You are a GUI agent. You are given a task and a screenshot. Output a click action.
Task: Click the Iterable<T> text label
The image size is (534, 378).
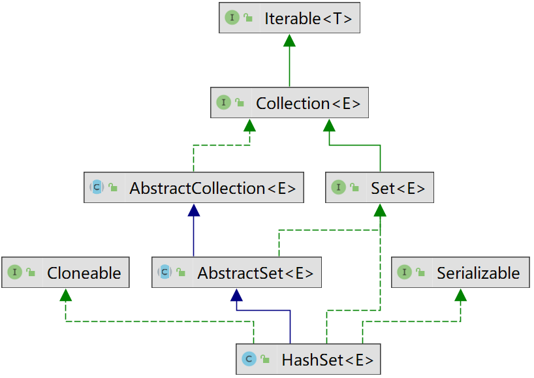pos(308,18)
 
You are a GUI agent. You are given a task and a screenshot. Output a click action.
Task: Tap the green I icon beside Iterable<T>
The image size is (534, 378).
pos(232,18)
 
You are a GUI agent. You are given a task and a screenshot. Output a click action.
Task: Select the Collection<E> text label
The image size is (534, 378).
pos(308,103)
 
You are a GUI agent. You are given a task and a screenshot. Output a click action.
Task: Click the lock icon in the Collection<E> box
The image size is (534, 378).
pos(240,102)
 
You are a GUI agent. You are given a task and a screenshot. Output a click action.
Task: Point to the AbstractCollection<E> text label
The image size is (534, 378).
pos(213,188)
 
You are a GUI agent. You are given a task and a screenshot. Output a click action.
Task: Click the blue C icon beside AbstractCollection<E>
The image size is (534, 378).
pos(97,187)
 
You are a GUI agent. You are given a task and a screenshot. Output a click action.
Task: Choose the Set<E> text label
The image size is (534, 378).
pos(398,188)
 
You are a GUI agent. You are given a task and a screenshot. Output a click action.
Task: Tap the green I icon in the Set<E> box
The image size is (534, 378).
pos(339,187)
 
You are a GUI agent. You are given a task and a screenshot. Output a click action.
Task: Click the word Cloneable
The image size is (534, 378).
pos(84,273)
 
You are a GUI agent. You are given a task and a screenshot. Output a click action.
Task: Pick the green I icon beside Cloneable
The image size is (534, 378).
pos(14,272)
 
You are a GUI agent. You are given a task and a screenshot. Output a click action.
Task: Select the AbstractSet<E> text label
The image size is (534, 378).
pos(255,273)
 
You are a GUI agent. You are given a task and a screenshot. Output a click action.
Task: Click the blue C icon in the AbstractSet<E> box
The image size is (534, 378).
pos(165,272)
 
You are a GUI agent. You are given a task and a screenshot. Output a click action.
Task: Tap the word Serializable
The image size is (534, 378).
pos(479,273)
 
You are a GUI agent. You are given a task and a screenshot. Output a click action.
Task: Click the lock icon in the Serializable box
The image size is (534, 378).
pos(420,272)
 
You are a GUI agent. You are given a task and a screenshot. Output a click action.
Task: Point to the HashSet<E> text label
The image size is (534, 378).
pos(328,360)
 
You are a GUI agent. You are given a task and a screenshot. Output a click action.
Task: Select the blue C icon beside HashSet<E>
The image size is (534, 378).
pos(249,359)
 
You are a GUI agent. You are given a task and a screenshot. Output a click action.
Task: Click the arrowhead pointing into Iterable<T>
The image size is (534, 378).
pos(289,40)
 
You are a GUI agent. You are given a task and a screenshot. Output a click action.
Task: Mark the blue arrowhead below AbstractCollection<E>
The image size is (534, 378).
pos(194,210)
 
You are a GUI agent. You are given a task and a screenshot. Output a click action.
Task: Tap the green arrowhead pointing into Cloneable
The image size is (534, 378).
pos(66,295)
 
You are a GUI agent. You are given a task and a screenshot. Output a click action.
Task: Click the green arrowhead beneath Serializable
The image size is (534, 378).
pos(460,295)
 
